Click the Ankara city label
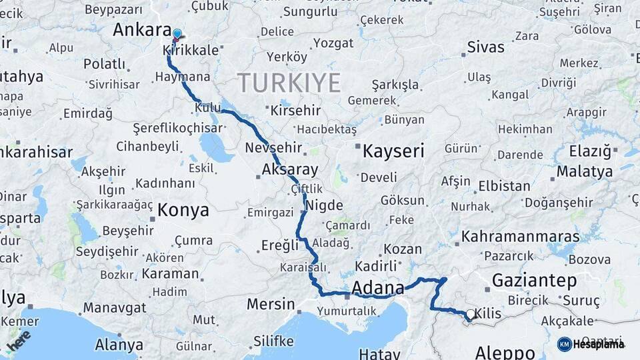tap(142, 30)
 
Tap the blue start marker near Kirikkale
tap(177, 34)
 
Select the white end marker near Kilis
tap(471, 314)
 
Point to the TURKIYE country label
tap(289, 83)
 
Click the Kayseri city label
tap(393, 151)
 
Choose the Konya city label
tap(183, 211)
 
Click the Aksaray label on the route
tap(289, 169)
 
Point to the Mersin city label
tap(270, 305)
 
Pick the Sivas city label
tap(485, 47)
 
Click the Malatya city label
tap(584, 171)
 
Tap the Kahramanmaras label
tap(520, 237)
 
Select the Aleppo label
tap(506, 352)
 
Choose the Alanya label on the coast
tap(119, 345)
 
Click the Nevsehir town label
tap(273, 147)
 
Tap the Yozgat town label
tap(333, 43)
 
